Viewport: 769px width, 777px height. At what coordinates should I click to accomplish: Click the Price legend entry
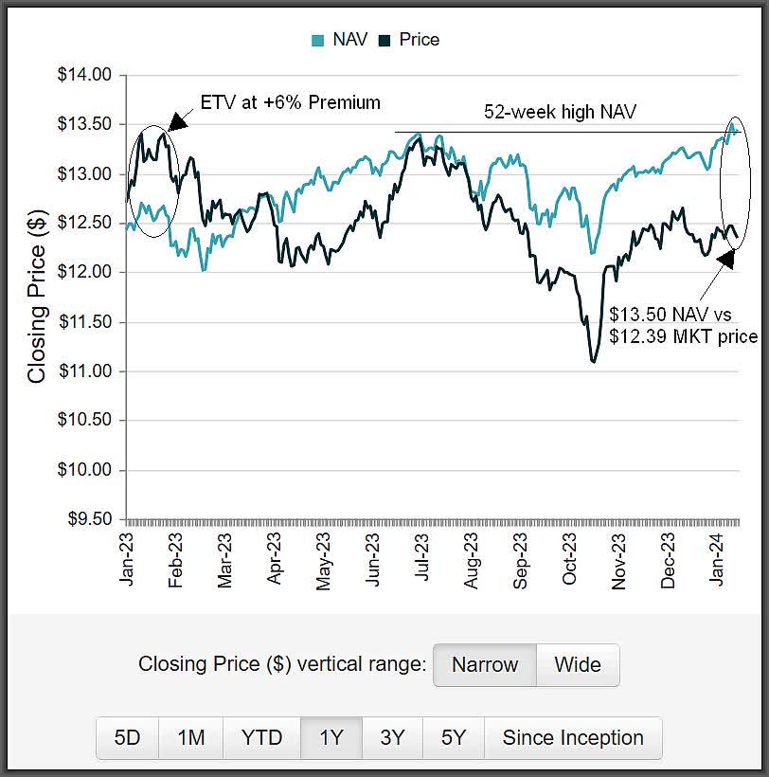coord(409,40)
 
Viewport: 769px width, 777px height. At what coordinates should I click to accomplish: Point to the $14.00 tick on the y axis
coord(86,75)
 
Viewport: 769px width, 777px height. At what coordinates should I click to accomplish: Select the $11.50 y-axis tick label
coord(86,322)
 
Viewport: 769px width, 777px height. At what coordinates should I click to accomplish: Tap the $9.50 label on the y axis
coord(86,519)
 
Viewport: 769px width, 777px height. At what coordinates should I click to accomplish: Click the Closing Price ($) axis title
coord(37,298)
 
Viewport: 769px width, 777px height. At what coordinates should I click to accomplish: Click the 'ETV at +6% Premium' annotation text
coord(289,102)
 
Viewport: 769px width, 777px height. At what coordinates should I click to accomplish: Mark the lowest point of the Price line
coord(594,361)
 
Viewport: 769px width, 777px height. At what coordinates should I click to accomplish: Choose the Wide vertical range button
coord(578,664)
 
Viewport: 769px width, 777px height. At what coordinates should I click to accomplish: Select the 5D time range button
coord(127,737)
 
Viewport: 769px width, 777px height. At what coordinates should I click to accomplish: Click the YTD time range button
coord(261,737)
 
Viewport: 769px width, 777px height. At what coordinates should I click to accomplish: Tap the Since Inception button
coord(572,737)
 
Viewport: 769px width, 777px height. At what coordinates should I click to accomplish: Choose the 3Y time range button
coord(392,737)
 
